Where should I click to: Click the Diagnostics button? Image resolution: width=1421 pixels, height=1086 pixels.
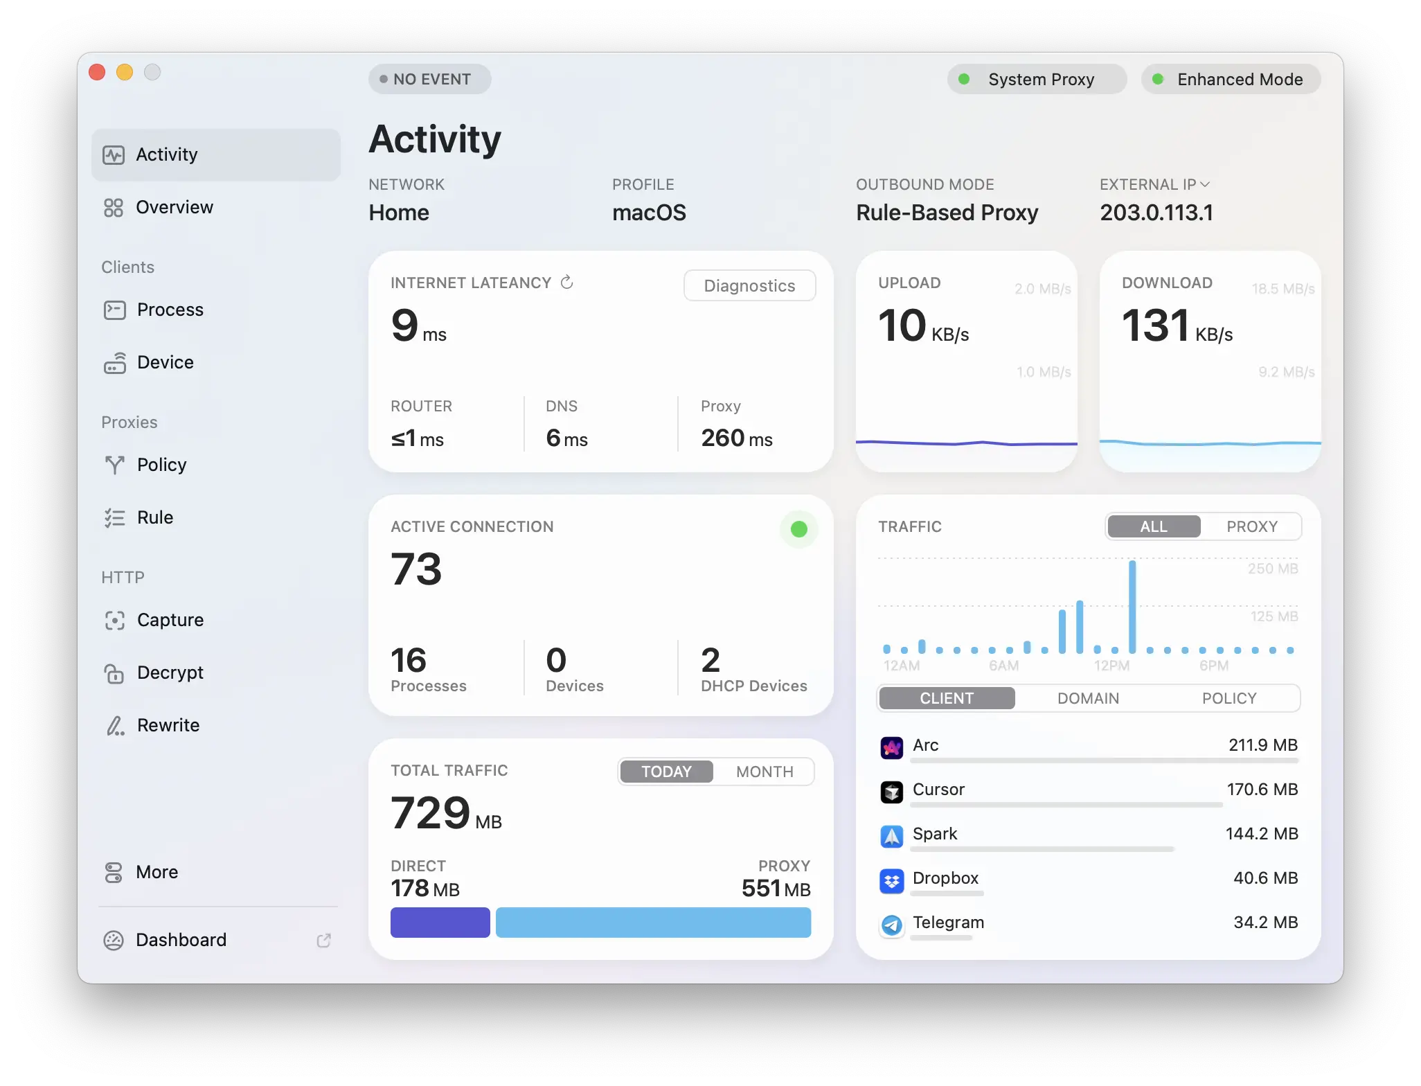[749, 285]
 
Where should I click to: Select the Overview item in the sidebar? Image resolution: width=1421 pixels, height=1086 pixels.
[175, 207]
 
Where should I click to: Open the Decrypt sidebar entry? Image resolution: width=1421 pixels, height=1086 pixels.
[170, 673]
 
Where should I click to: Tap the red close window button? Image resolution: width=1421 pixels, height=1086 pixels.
[98, 72]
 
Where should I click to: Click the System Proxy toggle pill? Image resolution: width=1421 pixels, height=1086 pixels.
[1037, 79]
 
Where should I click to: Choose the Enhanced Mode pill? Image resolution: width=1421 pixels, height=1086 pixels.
[1231, 79]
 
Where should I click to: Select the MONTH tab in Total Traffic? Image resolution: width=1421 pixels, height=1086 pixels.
[764, 772]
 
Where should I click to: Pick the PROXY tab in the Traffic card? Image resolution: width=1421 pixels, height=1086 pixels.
[1251, 526]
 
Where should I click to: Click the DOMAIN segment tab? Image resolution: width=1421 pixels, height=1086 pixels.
[1088, 698]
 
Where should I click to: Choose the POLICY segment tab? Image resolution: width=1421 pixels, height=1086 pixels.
[1228, 698]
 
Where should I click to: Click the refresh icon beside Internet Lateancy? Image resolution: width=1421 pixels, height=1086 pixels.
[566, 282]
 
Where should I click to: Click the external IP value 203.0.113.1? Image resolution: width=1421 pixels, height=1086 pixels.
[1156, 213]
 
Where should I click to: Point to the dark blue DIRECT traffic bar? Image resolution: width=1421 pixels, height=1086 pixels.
[440, 923]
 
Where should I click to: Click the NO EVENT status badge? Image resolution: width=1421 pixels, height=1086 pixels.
[429, 79]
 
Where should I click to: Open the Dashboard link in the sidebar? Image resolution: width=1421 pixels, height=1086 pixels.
[181, 940]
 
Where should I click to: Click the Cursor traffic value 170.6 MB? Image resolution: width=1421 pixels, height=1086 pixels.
[1262, 790]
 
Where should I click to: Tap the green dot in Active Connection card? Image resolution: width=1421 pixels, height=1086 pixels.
[798, 529]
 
